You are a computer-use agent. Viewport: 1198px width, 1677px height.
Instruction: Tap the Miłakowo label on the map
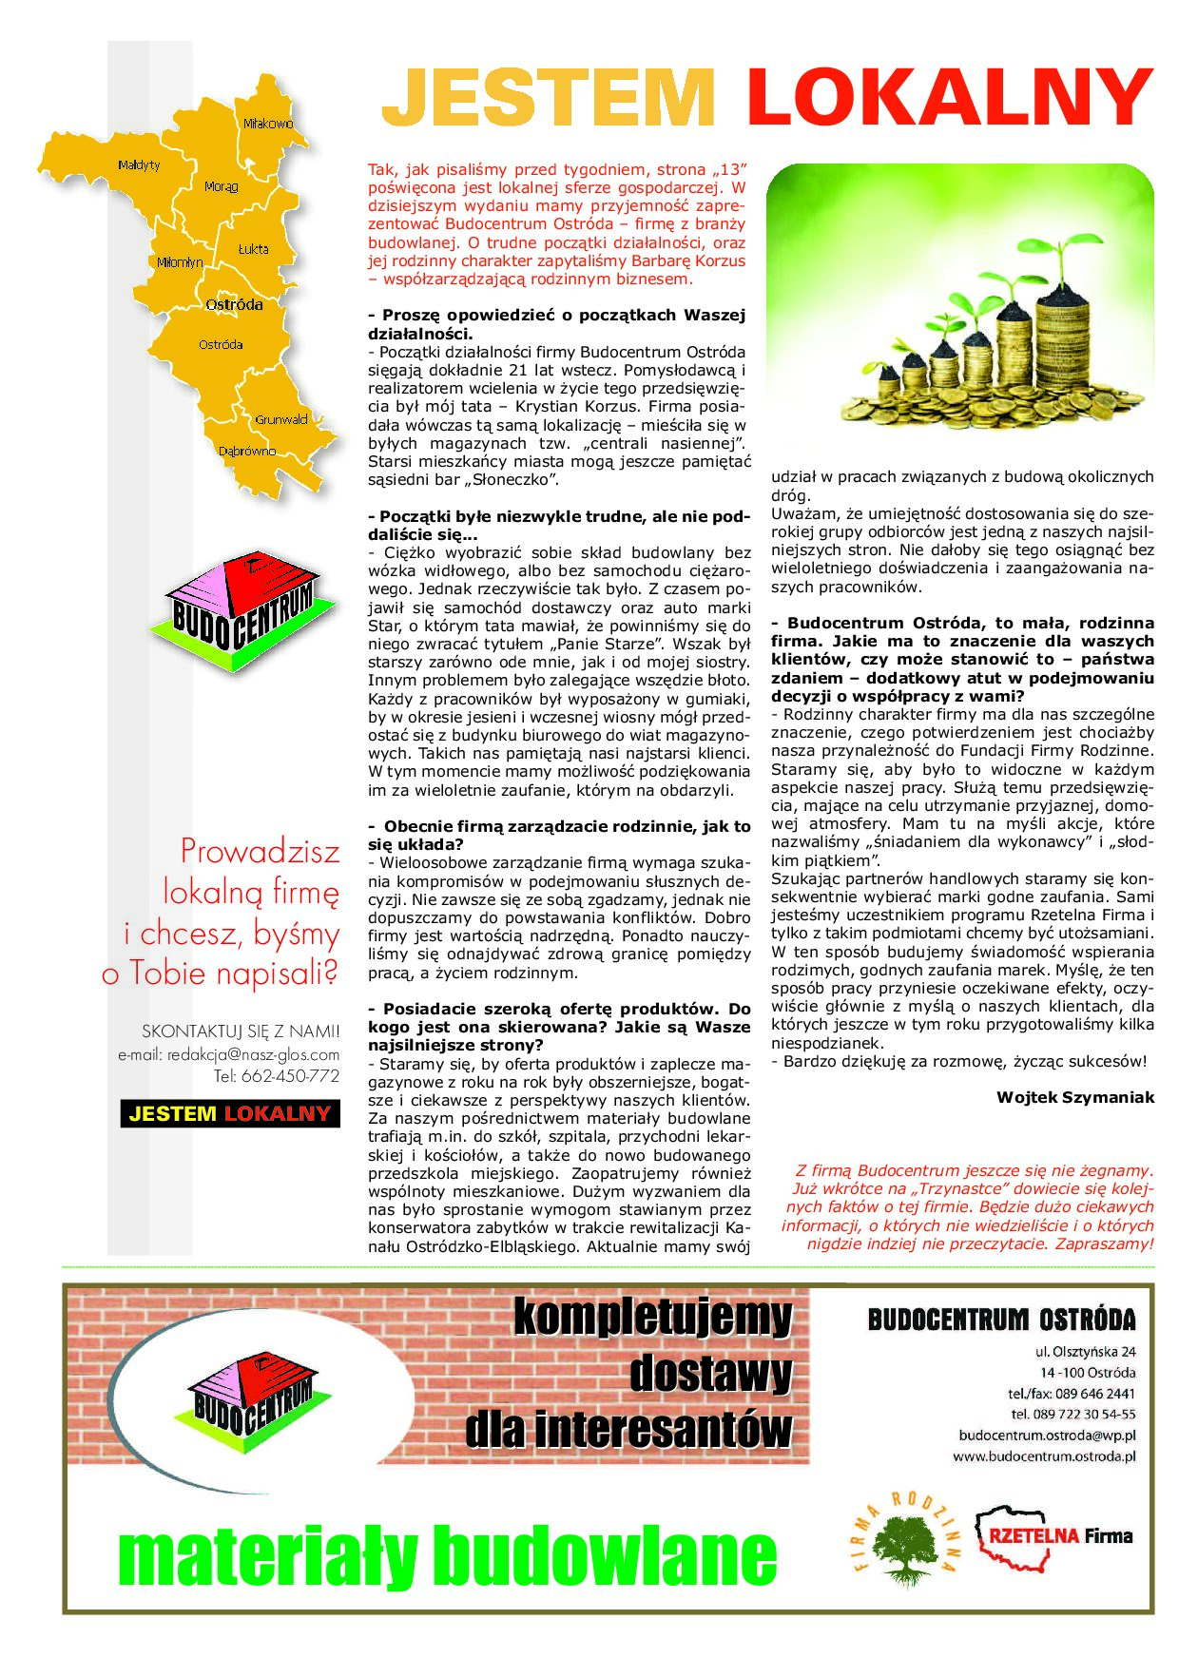point(267,124)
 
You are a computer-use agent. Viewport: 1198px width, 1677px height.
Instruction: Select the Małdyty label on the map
point(139,165)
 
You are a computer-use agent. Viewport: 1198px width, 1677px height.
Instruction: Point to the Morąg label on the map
point(222,187)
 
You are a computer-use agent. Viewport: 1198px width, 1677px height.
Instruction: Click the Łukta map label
point(253,249)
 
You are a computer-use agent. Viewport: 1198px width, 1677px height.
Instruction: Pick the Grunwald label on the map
point(280,419)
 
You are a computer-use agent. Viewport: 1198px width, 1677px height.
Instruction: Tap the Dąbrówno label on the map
point(247,452)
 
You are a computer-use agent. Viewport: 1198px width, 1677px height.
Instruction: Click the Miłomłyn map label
point(180,262)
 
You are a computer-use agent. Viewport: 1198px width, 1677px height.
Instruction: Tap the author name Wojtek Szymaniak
point(1074,1097)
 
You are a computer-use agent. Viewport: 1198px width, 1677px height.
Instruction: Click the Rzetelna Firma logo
point(1055,1536)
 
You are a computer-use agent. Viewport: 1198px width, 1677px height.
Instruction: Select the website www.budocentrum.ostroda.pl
point(1043,1456)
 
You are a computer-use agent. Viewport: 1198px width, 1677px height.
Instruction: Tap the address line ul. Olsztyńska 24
point(1085,1352)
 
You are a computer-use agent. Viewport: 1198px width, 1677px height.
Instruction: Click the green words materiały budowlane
point(447,1555)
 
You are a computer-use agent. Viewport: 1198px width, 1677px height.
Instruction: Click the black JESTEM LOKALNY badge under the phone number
point(230,1113)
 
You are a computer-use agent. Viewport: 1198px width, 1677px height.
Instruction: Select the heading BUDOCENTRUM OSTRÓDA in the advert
point(1001,1320)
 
